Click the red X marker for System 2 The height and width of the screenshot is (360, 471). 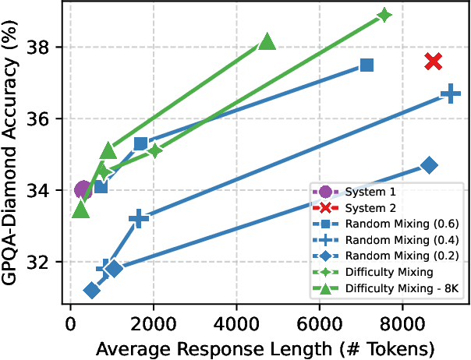coord(434,61)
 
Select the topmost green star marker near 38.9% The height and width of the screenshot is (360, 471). coord(384,15)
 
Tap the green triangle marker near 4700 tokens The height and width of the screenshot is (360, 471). coord(267,42)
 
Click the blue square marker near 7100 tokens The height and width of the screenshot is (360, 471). coord(367,65)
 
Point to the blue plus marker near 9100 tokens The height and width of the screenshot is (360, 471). coord(449,94)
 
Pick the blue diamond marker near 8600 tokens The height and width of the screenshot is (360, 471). coord(428,165)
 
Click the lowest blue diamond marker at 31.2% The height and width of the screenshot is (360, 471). coord(92,291)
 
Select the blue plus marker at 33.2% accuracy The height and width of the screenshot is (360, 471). coord(139,219)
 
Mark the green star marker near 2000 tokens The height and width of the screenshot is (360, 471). coord(154,150)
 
